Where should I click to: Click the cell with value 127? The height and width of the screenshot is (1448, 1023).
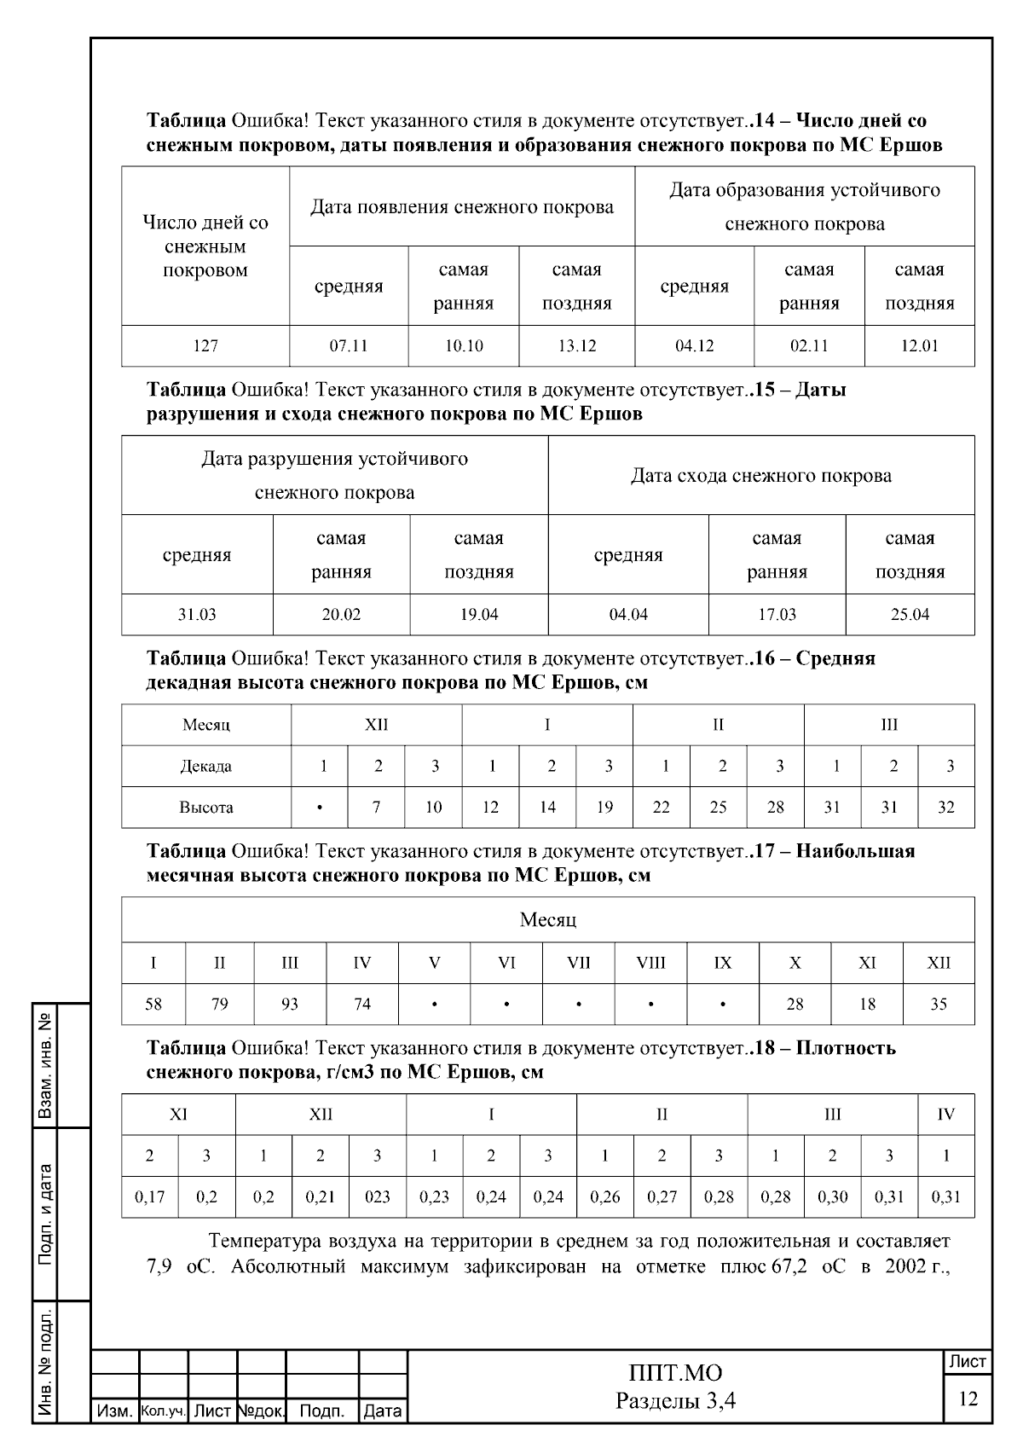click(205, 346)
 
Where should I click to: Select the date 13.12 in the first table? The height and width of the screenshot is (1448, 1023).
click(577, 346)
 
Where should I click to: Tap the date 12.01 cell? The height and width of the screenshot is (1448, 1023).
click(919, 346)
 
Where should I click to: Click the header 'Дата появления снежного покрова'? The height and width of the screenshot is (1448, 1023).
click(461, 207)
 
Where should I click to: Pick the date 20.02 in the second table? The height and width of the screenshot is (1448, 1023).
click(341, 615)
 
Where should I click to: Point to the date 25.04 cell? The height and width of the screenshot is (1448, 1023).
click(910, 615)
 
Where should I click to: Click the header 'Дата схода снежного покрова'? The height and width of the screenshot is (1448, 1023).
click(760, 476)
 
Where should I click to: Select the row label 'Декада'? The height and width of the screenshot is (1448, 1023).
click(205, 767)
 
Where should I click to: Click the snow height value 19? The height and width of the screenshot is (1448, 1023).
click(604, 808)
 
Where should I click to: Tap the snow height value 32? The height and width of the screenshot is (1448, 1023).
click(946, 808)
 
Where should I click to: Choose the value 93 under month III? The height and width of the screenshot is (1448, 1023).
click(290, 1005)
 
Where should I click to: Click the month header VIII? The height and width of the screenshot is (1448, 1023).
click(650, 964)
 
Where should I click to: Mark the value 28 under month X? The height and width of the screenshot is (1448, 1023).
click(795, 1005)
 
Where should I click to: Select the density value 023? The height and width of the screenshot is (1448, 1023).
click(377, 1197)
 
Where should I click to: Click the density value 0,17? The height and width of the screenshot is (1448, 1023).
click(150, 1197)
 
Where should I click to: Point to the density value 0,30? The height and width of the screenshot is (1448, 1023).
click(832, 1197)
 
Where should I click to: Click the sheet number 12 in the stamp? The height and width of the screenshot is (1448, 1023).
click(968, 1399)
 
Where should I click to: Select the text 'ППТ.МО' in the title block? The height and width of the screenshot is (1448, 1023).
click(675, 1373)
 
